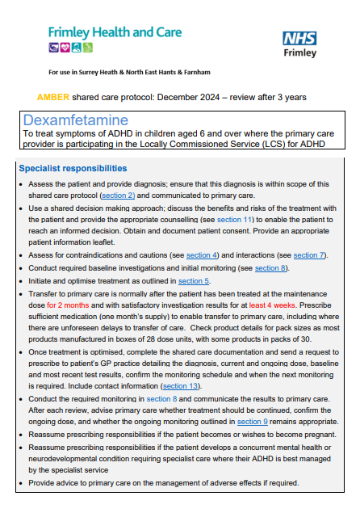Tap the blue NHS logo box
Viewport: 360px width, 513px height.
[x=299, y=39]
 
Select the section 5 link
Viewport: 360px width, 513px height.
[x=194, y=280]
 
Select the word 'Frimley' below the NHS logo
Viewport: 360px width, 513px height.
[x=299, y=54]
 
